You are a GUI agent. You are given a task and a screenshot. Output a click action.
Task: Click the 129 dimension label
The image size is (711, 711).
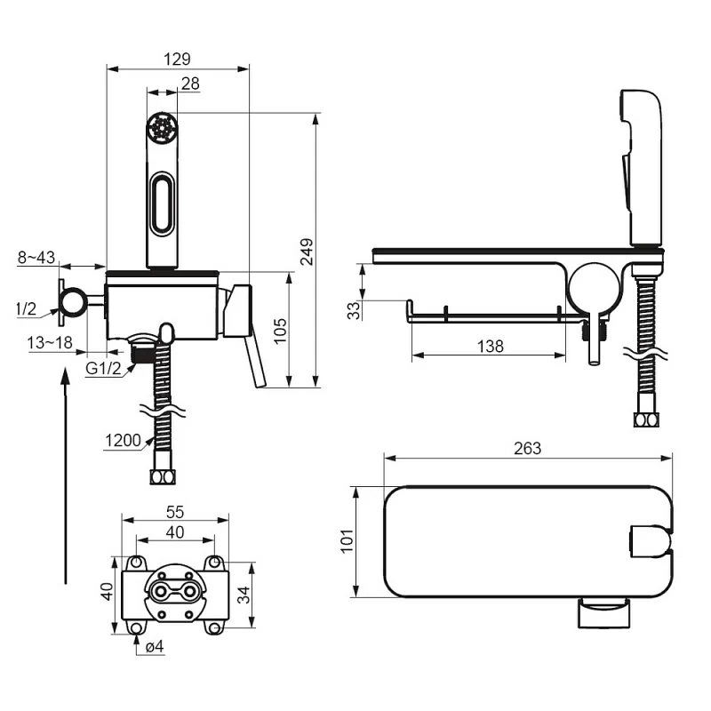(177, 59)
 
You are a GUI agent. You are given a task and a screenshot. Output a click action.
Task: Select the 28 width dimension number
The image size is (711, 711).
(190, 84)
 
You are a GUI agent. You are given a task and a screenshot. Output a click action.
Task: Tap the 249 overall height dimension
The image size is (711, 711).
(307, 252)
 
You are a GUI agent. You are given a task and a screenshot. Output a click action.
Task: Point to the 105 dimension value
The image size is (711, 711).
(280, 331)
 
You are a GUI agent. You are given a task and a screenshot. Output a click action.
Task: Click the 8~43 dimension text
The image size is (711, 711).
(36, 258)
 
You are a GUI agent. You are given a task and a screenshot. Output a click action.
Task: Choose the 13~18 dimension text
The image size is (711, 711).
(50, 343)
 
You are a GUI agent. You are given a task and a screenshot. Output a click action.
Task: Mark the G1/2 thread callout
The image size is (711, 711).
(103, 368)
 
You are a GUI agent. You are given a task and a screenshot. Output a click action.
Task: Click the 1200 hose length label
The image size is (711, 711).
(123, 440)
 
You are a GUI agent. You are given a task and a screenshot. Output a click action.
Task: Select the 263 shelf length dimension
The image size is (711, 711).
(528, 449)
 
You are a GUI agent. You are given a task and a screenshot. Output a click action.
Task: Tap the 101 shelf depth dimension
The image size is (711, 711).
(348, 540)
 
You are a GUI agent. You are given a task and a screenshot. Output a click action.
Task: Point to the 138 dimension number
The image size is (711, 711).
(491, 347)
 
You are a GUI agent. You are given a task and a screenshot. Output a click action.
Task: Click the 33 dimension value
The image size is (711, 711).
(354, 310)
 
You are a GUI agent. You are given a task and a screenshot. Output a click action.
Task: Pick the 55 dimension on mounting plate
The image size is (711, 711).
(175, 512)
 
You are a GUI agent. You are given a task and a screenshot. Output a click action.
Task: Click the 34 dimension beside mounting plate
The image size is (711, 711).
(244, 595)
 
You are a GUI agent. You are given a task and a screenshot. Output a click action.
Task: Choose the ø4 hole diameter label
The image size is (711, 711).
(155, 647)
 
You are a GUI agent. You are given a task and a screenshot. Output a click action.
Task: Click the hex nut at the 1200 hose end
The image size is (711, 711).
(163, 477)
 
